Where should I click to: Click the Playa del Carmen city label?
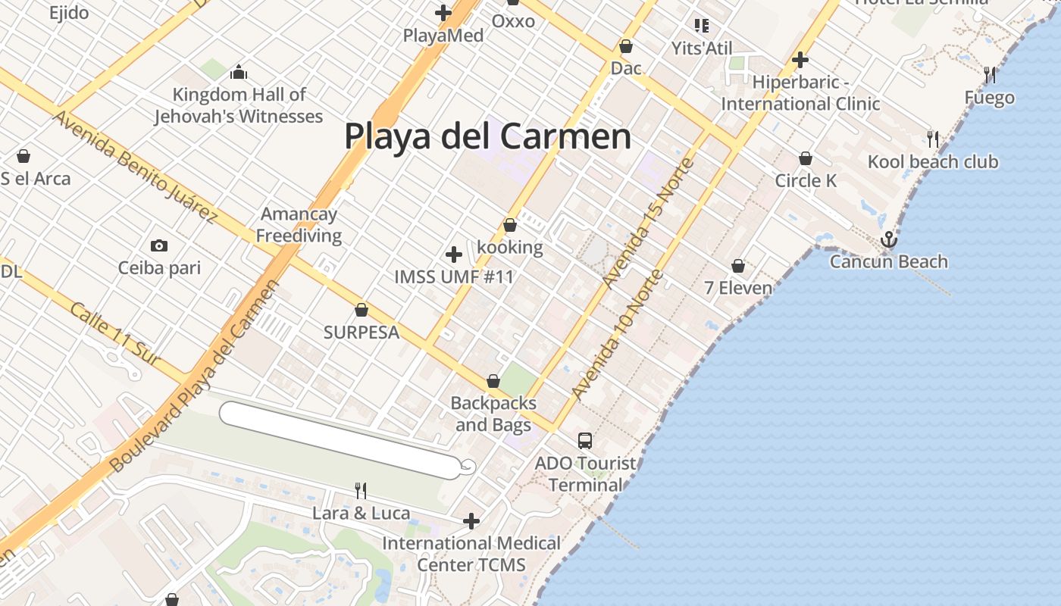point(487,136)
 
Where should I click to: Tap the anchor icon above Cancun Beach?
point(888,240)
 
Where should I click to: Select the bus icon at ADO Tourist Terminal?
point(584,440)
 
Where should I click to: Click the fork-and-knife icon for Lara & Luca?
point(361,491)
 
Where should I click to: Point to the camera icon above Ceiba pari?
point(159,245)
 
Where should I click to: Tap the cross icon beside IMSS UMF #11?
point(454,254)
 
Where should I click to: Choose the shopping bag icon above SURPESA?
point(361,310)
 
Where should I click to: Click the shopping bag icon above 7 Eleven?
point(738,266)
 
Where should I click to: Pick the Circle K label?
point(806,180)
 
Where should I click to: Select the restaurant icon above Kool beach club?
point(933,139)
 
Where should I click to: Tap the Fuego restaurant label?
point(989,98)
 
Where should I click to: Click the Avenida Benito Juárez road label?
point(135,166)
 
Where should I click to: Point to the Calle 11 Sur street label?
point(115,334)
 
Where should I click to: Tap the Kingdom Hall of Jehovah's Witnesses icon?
point(239,73)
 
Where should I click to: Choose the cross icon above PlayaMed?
point(443,13)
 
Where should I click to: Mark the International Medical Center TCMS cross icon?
point(471,520)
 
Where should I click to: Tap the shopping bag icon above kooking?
point(510,225)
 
